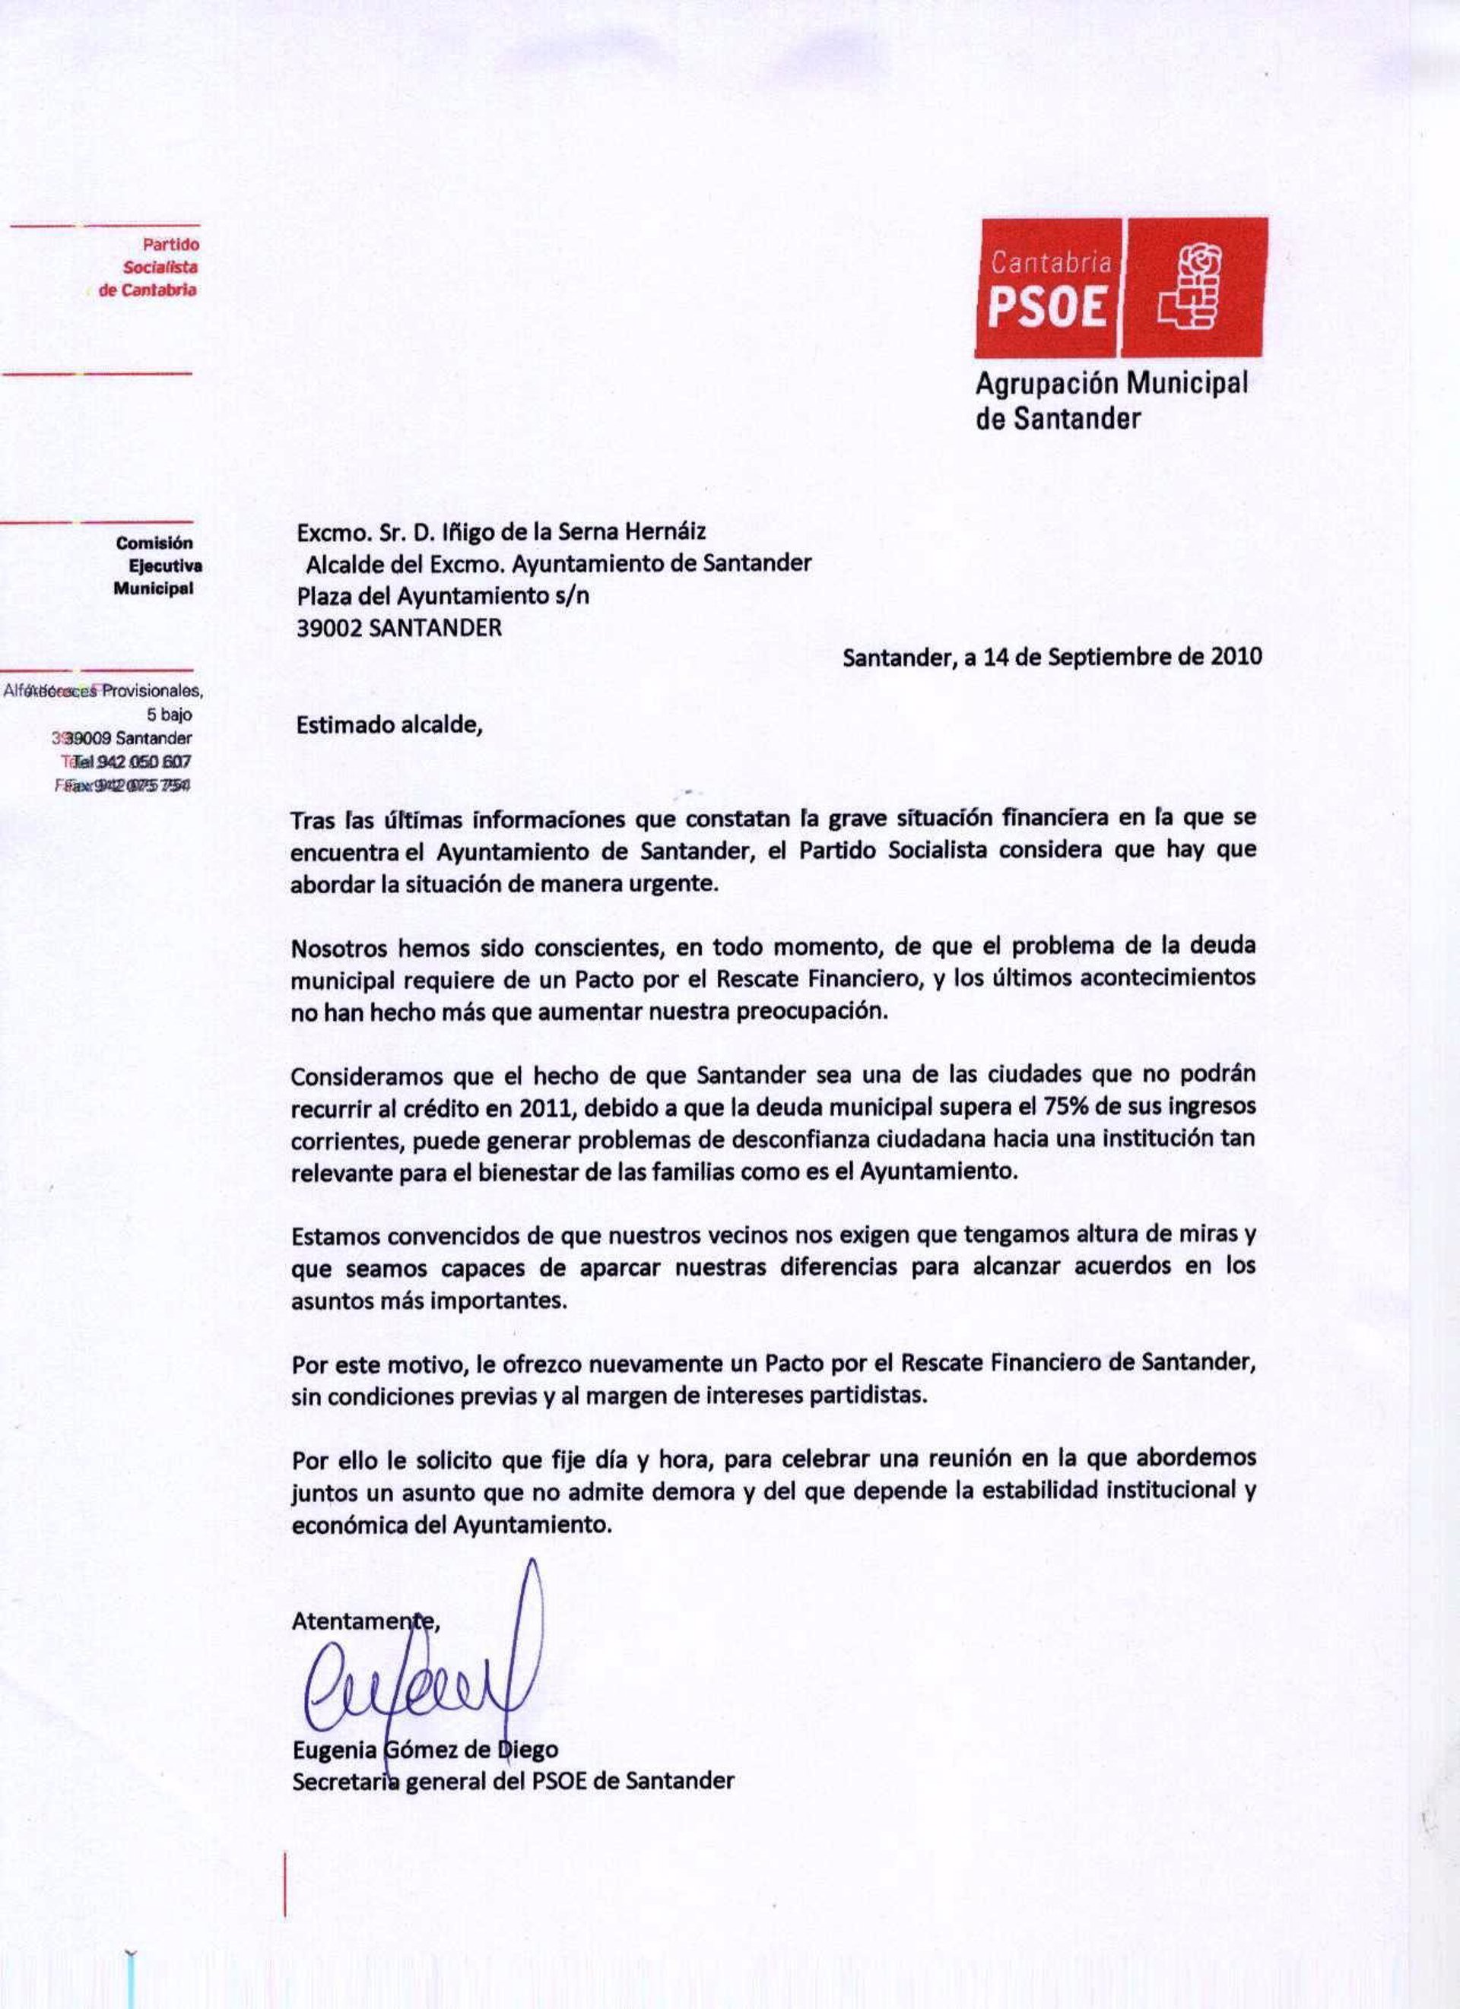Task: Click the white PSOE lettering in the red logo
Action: point(1047,306)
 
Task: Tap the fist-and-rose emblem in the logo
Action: point(1192,289)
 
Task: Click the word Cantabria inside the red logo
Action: point(1051,261)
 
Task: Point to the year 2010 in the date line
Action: point(1236,657)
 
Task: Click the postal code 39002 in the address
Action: point(329,628)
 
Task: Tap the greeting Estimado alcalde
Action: point(390,724)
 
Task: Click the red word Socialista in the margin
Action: point(160,268)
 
